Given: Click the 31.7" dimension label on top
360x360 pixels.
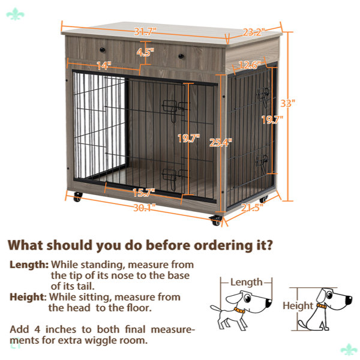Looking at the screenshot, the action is tap(145, 31).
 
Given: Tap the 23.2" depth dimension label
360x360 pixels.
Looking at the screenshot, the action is tap(254, 32).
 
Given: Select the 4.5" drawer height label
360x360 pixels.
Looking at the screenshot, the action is tap(145, 52).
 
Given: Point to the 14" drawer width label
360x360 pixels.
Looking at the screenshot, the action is tap(104, 65).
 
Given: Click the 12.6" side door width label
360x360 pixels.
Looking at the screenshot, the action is tap(250, 65).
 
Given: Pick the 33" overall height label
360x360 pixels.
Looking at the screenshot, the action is tap(287, 103).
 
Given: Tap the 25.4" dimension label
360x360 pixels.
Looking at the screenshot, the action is tap(220, 143).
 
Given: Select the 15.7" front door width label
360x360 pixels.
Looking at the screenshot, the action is tap(144, 193).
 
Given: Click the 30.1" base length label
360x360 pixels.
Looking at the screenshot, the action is tap(145, 208).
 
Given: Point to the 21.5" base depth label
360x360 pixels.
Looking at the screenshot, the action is tap(252, 208).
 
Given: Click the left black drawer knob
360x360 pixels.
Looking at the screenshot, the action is tap(103, 50).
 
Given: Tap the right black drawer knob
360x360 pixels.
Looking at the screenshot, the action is tap(181, 56).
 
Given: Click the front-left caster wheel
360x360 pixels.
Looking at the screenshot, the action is tap(77, 197).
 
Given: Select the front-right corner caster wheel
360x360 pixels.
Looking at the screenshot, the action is tap(216, 220).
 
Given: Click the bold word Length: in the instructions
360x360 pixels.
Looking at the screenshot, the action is tap(29, 265).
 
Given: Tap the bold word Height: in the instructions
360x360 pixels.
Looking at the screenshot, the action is tap(28, 297).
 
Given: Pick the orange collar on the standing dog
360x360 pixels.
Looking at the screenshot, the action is tap(239, 310).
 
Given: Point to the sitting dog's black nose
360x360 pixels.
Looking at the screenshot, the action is tap(349, 300).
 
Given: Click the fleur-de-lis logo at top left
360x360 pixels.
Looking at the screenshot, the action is tap(15, 14).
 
